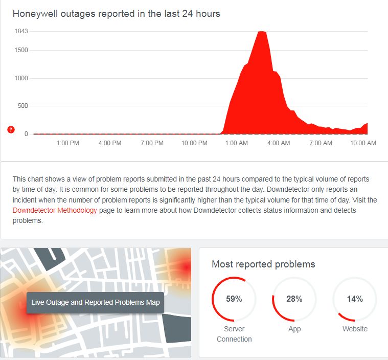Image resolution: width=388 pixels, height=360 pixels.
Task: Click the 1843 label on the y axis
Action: [x=21, y=31]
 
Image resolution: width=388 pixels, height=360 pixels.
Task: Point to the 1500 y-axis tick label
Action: [x=21, y=50]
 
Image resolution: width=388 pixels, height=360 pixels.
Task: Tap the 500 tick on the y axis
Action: [x=22, y=106]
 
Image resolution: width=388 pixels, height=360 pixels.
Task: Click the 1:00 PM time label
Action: [x=67, y=143]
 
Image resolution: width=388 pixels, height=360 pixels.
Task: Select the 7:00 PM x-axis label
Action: [x=152, y=143]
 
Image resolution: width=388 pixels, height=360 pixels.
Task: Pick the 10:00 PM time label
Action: [x=194, y=143]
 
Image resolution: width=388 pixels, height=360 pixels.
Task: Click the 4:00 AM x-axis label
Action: [x=279, y=143]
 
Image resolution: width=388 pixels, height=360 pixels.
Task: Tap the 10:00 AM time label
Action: [x=363, y=143]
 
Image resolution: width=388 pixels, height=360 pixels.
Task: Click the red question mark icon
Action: [x=11, y=129]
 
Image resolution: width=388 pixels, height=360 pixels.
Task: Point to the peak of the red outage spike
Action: [x=262, y=32]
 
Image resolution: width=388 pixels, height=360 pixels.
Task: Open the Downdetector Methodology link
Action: [x=55, y=211]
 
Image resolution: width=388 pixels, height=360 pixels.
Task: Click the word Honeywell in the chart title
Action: [x=35, y=14]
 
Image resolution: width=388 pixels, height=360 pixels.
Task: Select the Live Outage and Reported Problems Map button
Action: [x=96, y=302]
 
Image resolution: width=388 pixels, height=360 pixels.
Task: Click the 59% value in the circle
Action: [x=234, y=299]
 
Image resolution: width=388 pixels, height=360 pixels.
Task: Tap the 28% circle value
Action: [x=294, y=299]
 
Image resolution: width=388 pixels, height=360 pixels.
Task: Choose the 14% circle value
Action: [x=355, y=299]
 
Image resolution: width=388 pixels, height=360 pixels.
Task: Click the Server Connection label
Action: [x=234, y=334]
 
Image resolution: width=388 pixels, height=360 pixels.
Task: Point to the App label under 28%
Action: [x=294, y=329]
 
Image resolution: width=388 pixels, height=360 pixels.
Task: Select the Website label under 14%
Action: [x=355, y=329]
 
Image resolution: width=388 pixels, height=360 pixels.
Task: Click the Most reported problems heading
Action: [x=263, y=264]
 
